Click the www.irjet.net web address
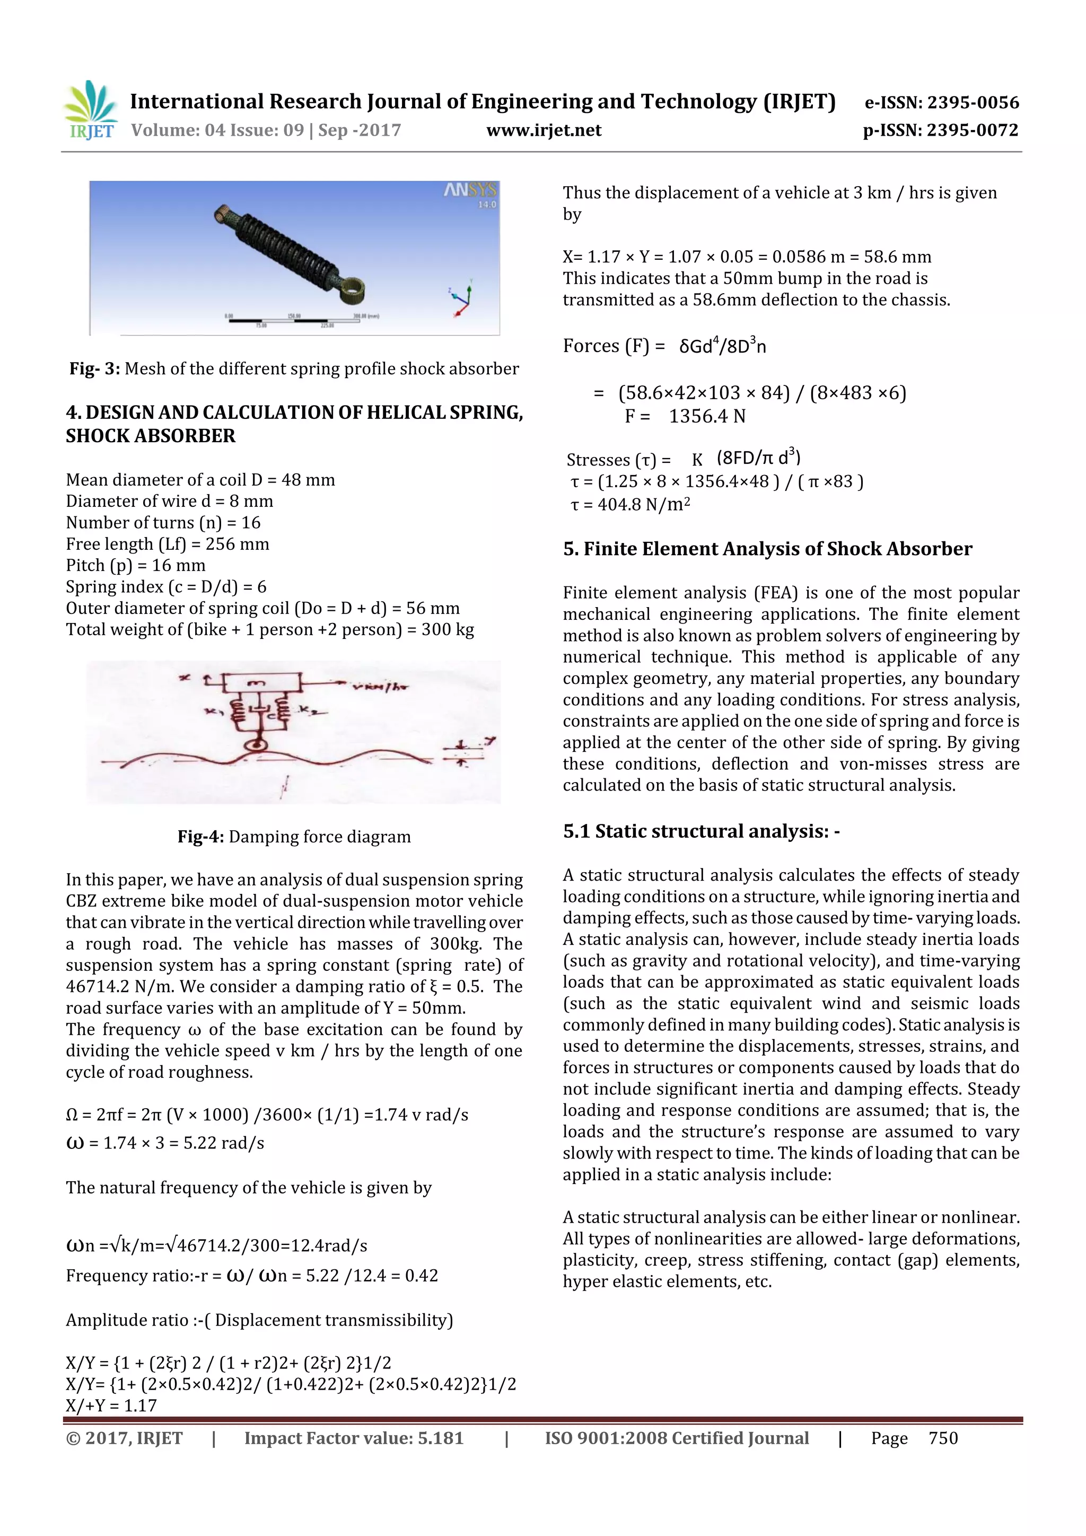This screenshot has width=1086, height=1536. pyautogui.click(x=544, y=130)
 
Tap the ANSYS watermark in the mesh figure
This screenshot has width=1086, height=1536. pyautogui.click(x=470, y=191)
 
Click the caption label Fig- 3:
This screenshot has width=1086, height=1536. pyautogui.click(x=94, y=368)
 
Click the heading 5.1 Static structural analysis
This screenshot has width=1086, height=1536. pyautogui.click(x=700, y=831)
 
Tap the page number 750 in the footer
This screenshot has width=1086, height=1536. pyautogui.click(x=943, y=1438)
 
